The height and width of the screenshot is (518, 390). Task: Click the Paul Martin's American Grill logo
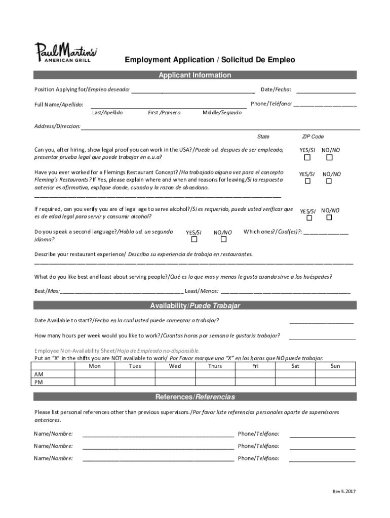[x=66, y=52]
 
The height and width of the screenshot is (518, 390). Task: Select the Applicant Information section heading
[x=195, y=75]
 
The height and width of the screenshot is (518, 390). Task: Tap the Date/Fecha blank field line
[x=326, y=93]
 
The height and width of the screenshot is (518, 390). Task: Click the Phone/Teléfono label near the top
[x=271, y=104]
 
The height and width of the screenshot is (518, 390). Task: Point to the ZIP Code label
[x=313, y=137]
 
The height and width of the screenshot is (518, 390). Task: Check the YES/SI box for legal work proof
[x=307, y=158]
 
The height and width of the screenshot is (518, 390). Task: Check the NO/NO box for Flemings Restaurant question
[x=329, y=181]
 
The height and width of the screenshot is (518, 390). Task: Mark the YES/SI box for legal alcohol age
[x=309, y=218]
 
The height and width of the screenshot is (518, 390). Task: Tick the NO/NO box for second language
[x=223, y=240]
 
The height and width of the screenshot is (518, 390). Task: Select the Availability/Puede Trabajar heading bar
[x=195, y=306]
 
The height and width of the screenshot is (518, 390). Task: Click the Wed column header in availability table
[x=175, y=366]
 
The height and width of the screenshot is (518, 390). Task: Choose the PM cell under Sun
[x=335, y=382]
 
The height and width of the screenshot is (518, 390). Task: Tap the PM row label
[x=38, y=382]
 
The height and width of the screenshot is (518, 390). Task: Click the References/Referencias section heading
[x=195, y=397]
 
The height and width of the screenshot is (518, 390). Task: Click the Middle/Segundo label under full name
[x=222, y=112]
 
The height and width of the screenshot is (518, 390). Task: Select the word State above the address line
[x=263, y=137]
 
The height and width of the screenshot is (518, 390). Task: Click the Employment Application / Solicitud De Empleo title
[x=210, y=60]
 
